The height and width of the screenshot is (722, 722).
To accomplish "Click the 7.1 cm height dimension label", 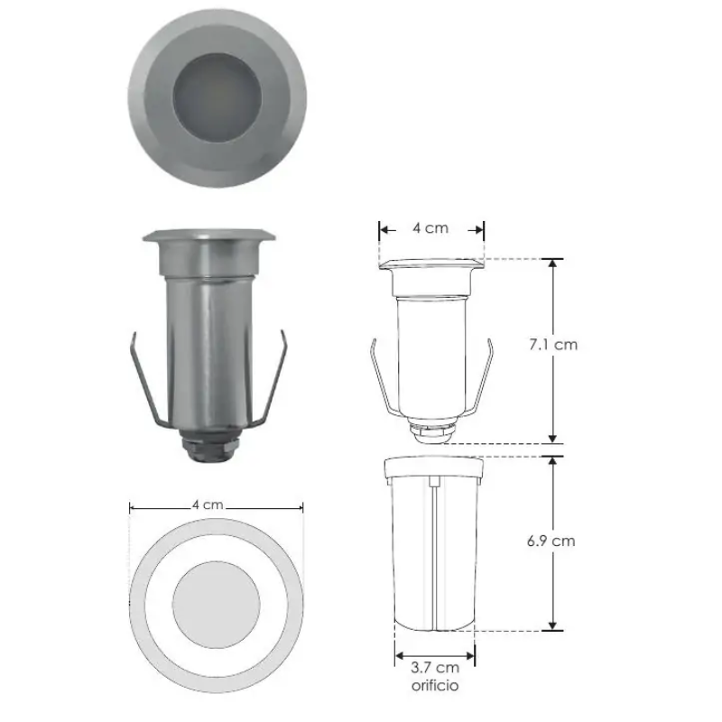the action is tap(553, 345).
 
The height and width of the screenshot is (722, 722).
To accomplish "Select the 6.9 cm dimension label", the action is tap(551, 541).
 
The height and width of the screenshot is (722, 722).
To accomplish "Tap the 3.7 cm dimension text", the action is tap(435, 667).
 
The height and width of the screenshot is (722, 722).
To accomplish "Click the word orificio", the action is tap(435, 686).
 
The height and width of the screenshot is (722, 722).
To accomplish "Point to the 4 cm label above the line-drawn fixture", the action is tap(430, 228).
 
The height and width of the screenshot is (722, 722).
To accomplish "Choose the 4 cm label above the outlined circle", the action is tap(208, 504).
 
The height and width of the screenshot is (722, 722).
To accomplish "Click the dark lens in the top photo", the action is tap(218, 97).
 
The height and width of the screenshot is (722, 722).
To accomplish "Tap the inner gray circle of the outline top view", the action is tap(217, 605).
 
